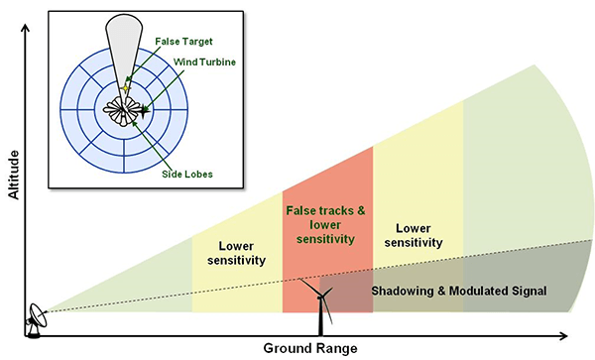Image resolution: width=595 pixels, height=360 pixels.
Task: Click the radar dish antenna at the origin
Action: click(x=36, y=319)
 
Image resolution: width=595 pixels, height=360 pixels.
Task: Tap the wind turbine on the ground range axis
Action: click(x=319, y=307)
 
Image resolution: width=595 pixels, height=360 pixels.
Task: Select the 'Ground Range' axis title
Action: click(x=309, y=349)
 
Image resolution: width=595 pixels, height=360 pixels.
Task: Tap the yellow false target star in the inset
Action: click(x=125, y=92)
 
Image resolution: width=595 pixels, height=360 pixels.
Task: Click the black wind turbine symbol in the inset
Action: click(x=145, y=111)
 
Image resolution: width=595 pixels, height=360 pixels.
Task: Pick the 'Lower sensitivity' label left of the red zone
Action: click(x=237, y=253)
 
